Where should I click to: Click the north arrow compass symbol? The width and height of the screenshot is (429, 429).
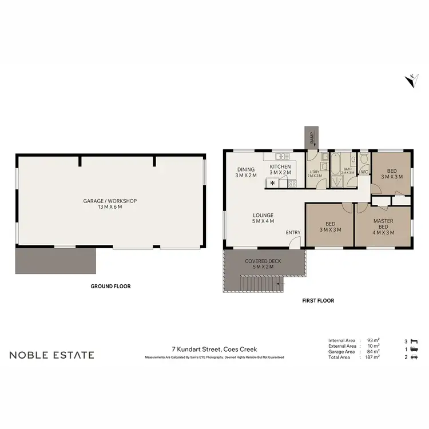pos(410,81)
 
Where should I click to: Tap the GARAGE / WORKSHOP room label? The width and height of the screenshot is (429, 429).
pos(110,204)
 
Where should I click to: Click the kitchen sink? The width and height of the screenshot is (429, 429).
pos(280,156)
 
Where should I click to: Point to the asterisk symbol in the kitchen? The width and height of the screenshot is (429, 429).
pos(272,184)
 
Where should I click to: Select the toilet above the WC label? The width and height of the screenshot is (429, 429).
pos(364,160)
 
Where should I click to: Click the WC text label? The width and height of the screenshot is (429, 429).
pos(364,172)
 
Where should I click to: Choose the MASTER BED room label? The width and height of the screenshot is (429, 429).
pos(383,225)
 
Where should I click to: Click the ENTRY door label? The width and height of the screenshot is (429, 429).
pos(293,232)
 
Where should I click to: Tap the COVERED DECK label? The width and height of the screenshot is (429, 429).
pos(261,264)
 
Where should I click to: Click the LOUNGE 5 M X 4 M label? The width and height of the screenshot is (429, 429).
pos(264,219)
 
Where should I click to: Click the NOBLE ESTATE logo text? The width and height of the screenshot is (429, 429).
pos(51,355)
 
